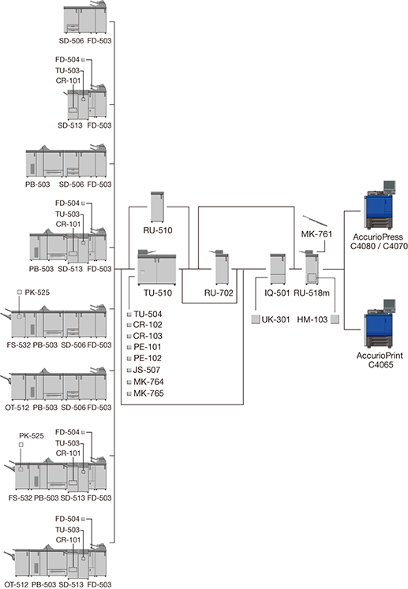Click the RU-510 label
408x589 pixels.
click(158, 230)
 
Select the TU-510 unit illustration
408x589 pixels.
click(157, 267)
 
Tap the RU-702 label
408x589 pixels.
click(219, 293)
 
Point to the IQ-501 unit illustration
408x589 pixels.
click(278, 270)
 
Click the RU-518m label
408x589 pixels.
click(312, 293)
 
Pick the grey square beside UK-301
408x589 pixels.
click(256, 319)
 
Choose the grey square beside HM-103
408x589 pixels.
click(335, 319)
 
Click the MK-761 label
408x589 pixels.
click(316, 234)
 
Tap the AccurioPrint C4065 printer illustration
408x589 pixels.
click(380, 324)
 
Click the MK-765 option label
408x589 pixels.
click(148, 393)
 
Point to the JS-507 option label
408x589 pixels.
click(147, 370)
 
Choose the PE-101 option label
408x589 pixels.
click(148, 347)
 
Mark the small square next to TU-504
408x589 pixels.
click(129, 315)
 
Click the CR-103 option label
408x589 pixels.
click(148, 336)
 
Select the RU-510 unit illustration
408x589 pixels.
click(157, 207)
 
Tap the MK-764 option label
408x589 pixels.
click(148, 382)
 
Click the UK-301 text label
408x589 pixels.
click(276, 319)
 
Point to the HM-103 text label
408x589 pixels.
click(313, 319)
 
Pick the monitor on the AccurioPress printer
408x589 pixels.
click(389, 186)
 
